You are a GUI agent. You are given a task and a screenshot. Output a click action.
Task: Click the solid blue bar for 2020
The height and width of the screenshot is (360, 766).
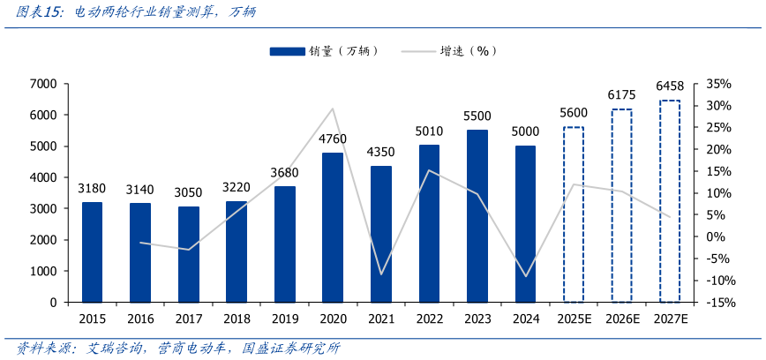point(333,228)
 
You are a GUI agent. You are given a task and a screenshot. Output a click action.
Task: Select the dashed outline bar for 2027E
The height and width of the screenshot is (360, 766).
point(670,201)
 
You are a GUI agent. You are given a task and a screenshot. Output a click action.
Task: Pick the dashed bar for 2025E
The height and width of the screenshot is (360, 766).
point(574,214)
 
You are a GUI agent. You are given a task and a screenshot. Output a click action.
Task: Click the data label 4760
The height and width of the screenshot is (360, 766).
point(333,139)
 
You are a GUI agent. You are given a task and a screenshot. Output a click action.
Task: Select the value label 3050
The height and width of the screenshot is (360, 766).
point(189,192)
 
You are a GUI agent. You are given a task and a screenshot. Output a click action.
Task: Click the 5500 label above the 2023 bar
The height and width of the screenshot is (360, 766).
point(477,116)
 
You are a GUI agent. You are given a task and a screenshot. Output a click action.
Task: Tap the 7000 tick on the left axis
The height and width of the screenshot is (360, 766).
point(42,84)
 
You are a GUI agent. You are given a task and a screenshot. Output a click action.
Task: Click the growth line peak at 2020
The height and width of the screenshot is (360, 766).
point(333,109)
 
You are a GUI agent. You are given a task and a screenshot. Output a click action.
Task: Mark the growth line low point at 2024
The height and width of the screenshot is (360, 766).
point(525,276)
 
